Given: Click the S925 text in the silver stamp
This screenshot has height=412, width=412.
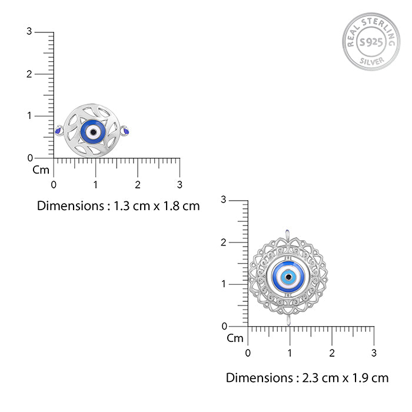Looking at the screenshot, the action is tap(371, 42).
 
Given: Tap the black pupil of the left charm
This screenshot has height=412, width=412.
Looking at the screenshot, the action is tap(93, 132).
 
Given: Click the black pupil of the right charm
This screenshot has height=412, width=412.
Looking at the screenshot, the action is tap(288, 277).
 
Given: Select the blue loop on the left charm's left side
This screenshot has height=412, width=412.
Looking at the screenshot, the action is tap(59, 130).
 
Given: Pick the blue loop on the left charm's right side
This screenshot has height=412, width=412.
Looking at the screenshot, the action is tap(125, 130).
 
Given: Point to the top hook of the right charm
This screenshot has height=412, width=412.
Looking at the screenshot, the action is tap(287, 234).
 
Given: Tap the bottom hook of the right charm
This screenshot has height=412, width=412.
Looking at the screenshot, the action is tap(288, 320).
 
